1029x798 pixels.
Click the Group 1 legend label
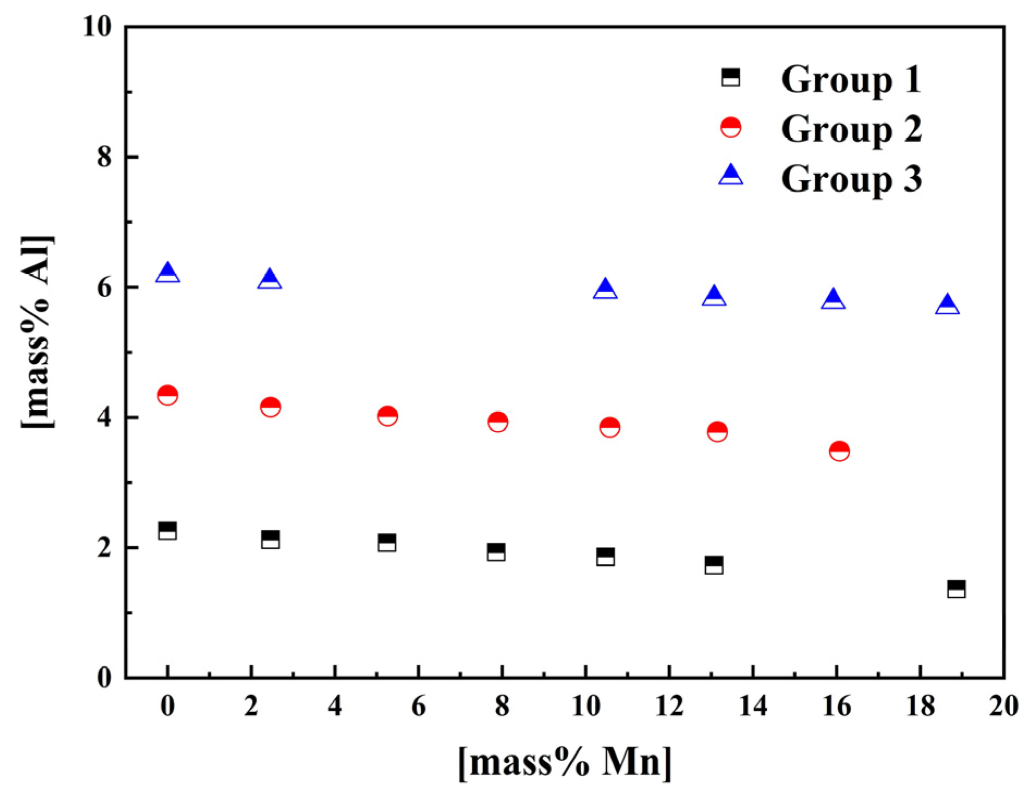tap(851, 79)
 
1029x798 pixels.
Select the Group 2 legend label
tap(851, 130)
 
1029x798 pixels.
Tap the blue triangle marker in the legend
tap(730, 175)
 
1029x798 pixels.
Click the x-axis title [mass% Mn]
tap(565, 762)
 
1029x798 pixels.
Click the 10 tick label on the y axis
tap(97, 26)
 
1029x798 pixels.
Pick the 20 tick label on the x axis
tap(1003, 706)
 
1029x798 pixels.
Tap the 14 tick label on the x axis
tap(753, 706)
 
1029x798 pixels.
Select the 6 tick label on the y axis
tap(104, 287)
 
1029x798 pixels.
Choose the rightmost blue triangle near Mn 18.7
tap(947, 305)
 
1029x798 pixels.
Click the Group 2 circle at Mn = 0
tap(168, 395)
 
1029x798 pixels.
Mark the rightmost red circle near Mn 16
tap(839, 451)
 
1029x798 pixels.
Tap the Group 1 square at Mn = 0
tap(168, 531)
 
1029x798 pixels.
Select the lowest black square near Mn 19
tap(956, 590)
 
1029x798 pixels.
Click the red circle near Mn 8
tap(498, 421)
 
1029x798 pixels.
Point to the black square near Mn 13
tap(714, 566)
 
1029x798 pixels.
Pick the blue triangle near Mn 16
tap(833, 300)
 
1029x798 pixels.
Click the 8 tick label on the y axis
tap(104, 157)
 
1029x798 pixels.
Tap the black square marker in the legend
tap(730, 77)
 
